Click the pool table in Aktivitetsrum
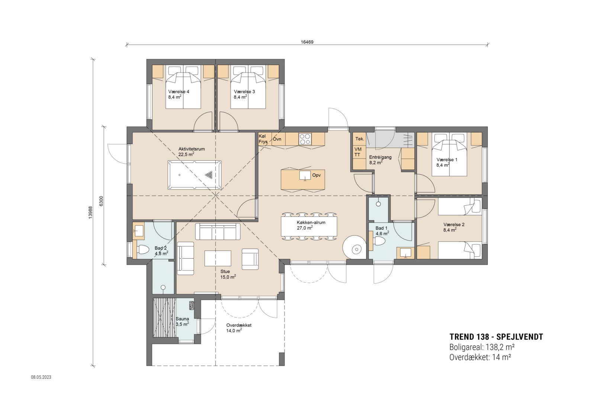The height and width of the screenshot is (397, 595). [194, 175]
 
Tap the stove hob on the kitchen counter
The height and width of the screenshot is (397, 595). [305, 139]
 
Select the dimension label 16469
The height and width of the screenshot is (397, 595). [307, 42]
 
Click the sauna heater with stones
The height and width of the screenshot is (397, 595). [192, 305]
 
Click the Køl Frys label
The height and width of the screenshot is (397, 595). [263, 139]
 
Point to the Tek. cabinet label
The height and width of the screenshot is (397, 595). [359, 139]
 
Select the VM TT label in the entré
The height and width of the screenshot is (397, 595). [357, 152]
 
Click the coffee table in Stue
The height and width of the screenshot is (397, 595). [218, 258]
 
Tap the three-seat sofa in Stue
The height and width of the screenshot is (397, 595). [218, 231]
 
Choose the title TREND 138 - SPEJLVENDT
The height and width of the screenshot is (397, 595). [496, 337]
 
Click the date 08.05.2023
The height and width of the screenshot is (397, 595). [41, 377]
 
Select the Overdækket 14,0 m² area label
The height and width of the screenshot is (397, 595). [239, 327]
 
